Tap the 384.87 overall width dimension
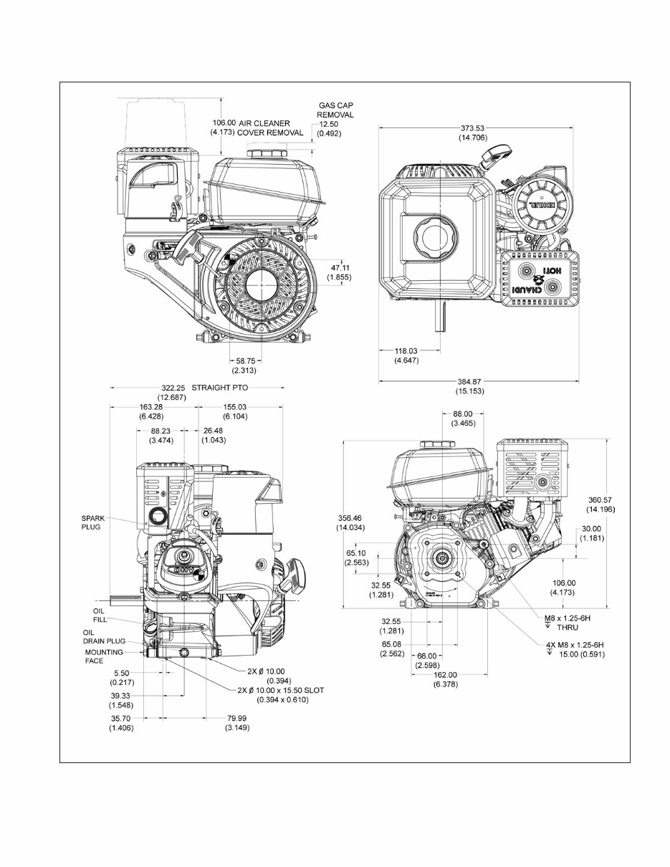[469, 381]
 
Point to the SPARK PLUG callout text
[92, 522]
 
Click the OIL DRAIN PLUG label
[103, 637]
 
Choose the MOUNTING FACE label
[104, 656]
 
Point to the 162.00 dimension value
[444, 674]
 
